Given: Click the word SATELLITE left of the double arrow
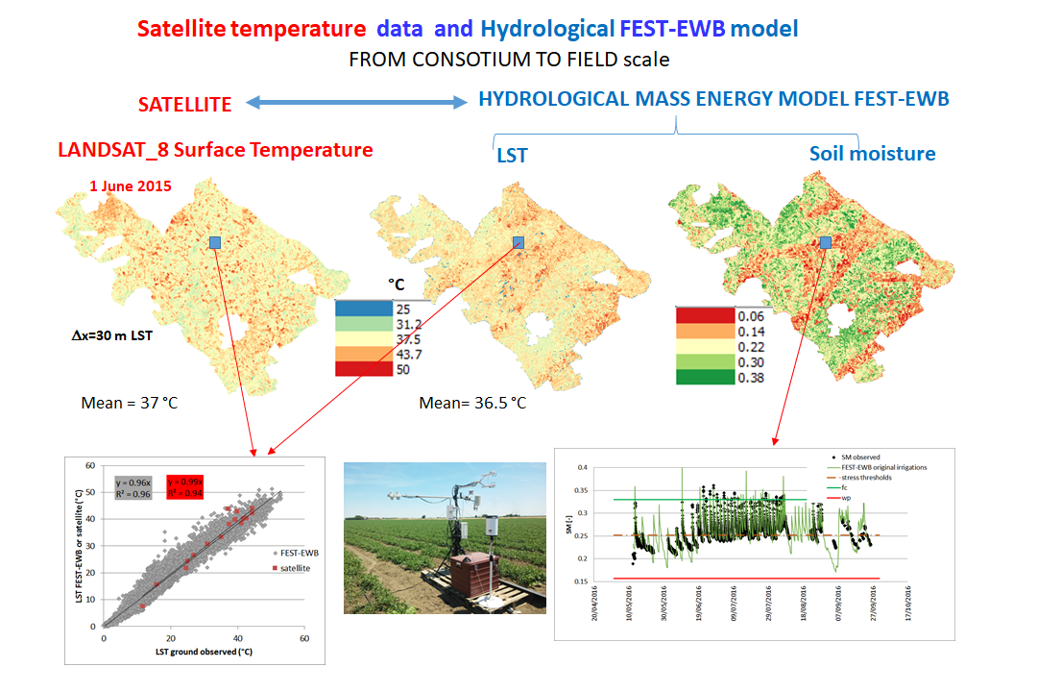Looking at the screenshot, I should coord(184,104).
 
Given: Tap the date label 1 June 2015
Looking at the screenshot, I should coord(131,185).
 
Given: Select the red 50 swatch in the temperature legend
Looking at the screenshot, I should coord(364,370).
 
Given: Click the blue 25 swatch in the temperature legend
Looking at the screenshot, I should coord(364,309).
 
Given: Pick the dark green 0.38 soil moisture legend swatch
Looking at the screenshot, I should coord(705,377).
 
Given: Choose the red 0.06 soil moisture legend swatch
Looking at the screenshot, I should coord(705,315).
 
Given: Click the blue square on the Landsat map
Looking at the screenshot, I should coord(216,242).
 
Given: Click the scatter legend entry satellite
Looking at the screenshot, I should coord(266,568).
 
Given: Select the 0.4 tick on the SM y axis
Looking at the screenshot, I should coord(580,468).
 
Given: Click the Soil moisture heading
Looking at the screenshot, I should coord(872,154).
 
